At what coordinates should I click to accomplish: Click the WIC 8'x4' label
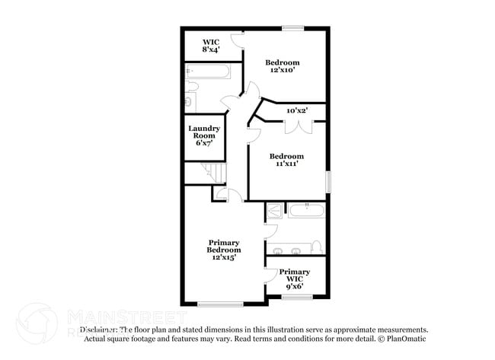(211, 46)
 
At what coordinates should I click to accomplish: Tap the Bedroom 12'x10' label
(282, 66)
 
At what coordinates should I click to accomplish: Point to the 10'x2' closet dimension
(296, 111)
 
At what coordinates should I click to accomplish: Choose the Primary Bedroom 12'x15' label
(224, 250)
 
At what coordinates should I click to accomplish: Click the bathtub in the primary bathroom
(306, 209)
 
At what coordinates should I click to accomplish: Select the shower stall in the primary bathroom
(273, 210)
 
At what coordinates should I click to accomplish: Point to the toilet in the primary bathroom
(318, 247)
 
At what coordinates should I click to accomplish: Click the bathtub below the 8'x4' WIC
(209, 72)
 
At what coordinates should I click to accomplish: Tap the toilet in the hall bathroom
(190, 100)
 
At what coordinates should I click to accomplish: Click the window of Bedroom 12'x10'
(292, 29)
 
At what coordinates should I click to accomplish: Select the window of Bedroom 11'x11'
(329, 181)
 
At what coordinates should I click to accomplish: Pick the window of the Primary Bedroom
(220, 304)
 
